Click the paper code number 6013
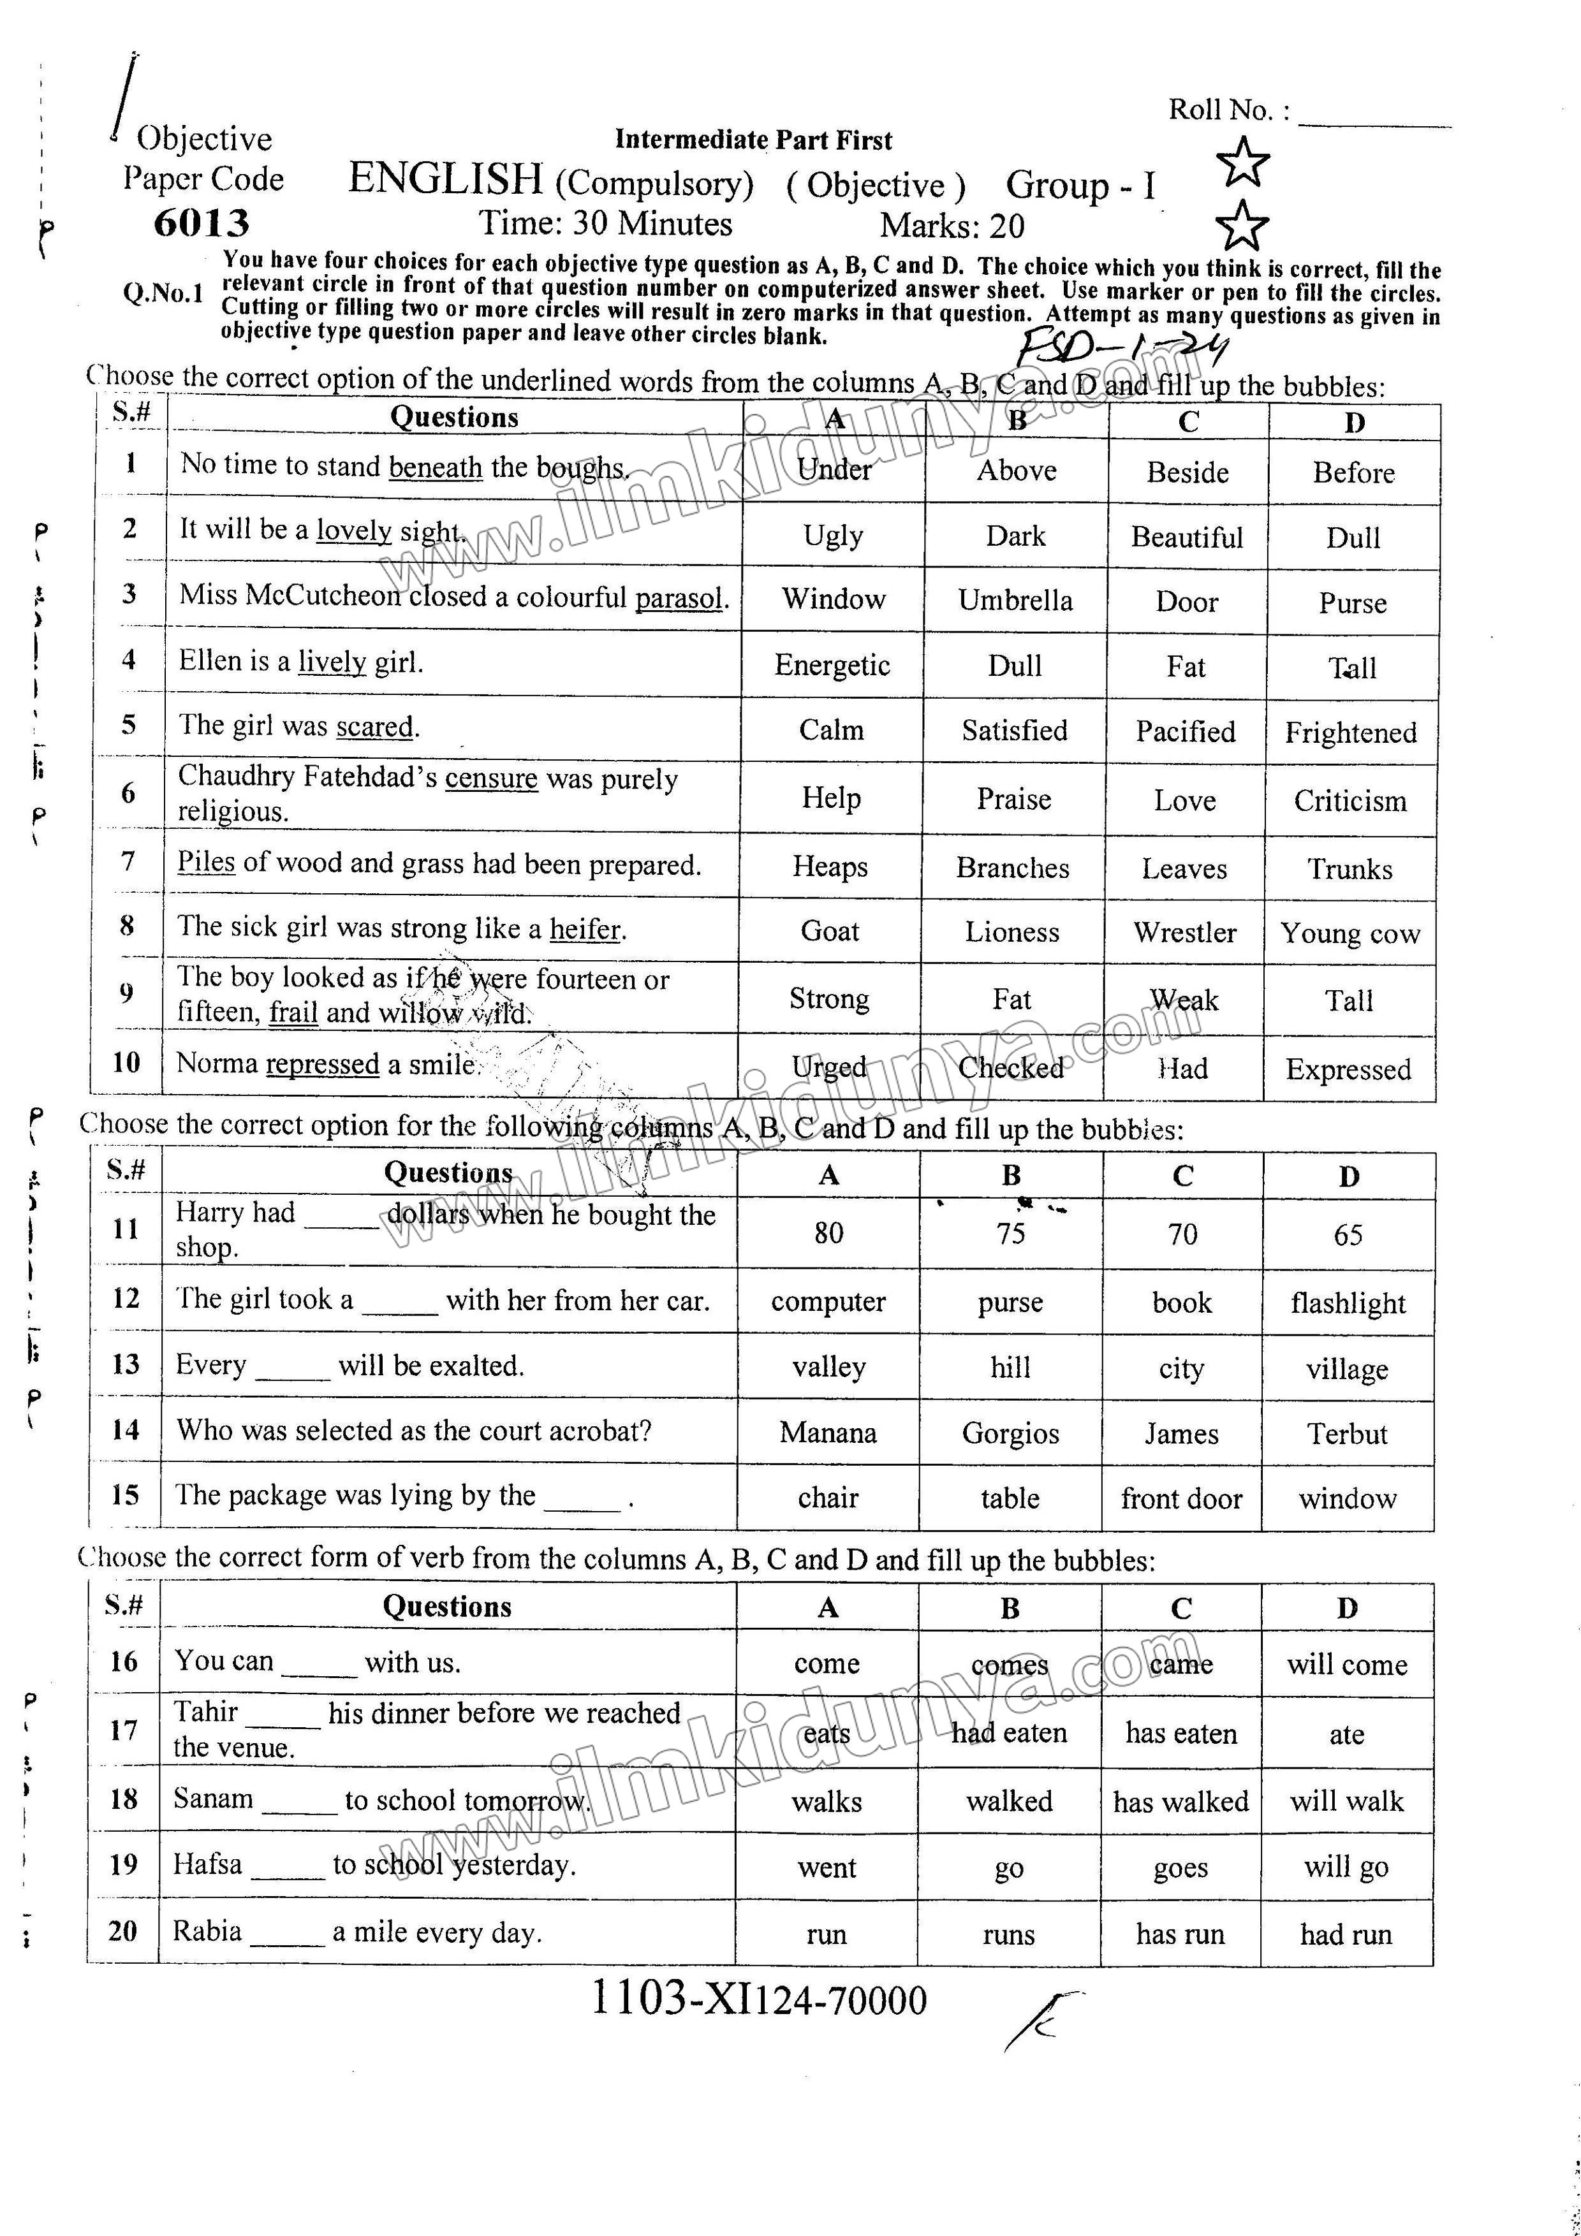(x=202, y=223)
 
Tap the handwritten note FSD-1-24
(x=1121, y=347)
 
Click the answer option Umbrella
(x=1015, y=601)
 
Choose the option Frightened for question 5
(x=1350, y=733)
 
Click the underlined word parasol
(x=680, y=598)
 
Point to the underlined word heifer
(x=584, y=929)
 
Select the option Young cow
(x=1350, y=933)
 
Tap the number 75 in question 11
(x=1010, y=1234)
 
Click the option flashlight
(x=1348, y=1303)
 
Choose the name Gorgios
(x=1010, y=1433)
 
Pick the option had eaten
(x=1009, y=1734)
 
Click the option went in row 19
(x=827, y=1868)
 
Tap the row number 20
(x=122, y=1930)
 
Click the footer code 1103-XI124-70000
(x=759, y=2000)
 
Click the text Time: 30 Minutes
(x=605, y=224)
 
